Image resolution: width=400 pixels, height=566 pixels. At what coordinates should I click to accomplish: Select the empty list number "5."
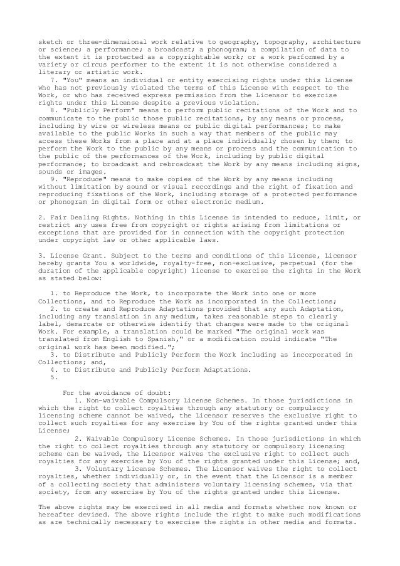tap(52, 377)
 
